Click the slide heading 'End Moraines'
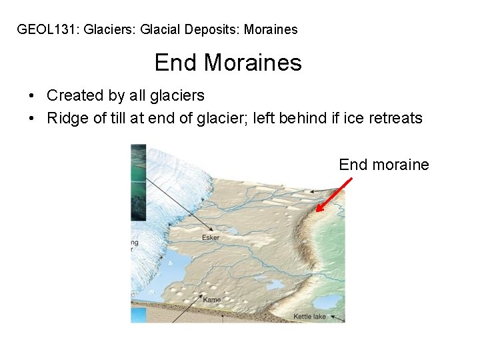228,63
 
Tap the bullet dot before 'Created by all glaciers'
32,96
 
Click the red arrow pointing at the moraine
333,195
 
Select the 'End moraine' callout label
384,165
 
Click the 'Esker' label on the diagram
211,237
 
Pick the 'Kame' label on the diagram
212,300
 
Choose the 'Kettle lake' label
310,316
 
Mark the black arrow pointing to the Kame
190,309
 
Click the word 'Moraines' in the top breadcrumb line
271,29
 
